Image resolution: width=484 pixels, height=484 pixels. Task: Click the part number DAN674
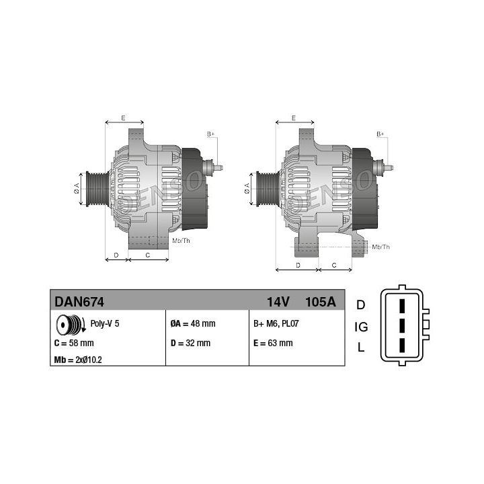[x=79, y=302]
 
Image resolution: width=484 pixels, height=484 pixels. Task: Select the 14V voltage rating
[x=278, y=302]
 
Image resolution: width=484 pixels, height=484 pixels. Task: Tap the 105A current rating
[x=321, y=302]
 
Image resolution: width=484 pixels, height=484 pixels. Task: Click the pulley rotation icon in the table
[x=71, y=325]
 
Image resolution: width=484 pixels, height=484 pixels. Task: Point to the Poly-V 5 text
[x=105, y=323]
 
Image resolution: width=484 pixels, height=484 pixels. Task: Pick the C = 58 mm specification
[x=74, y=343]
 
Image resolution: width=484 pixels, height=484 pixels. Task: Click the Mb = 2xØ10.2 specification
[x=78, y=360]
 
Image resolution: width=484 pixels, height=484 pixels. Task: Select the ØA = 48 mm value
[x=193, y=323]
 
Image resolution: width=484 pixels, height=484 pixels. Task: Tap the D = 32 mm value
[x=190, y=343]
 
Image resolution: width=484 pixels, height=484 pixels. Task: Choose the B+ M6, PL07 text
[x=276, y=323]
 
